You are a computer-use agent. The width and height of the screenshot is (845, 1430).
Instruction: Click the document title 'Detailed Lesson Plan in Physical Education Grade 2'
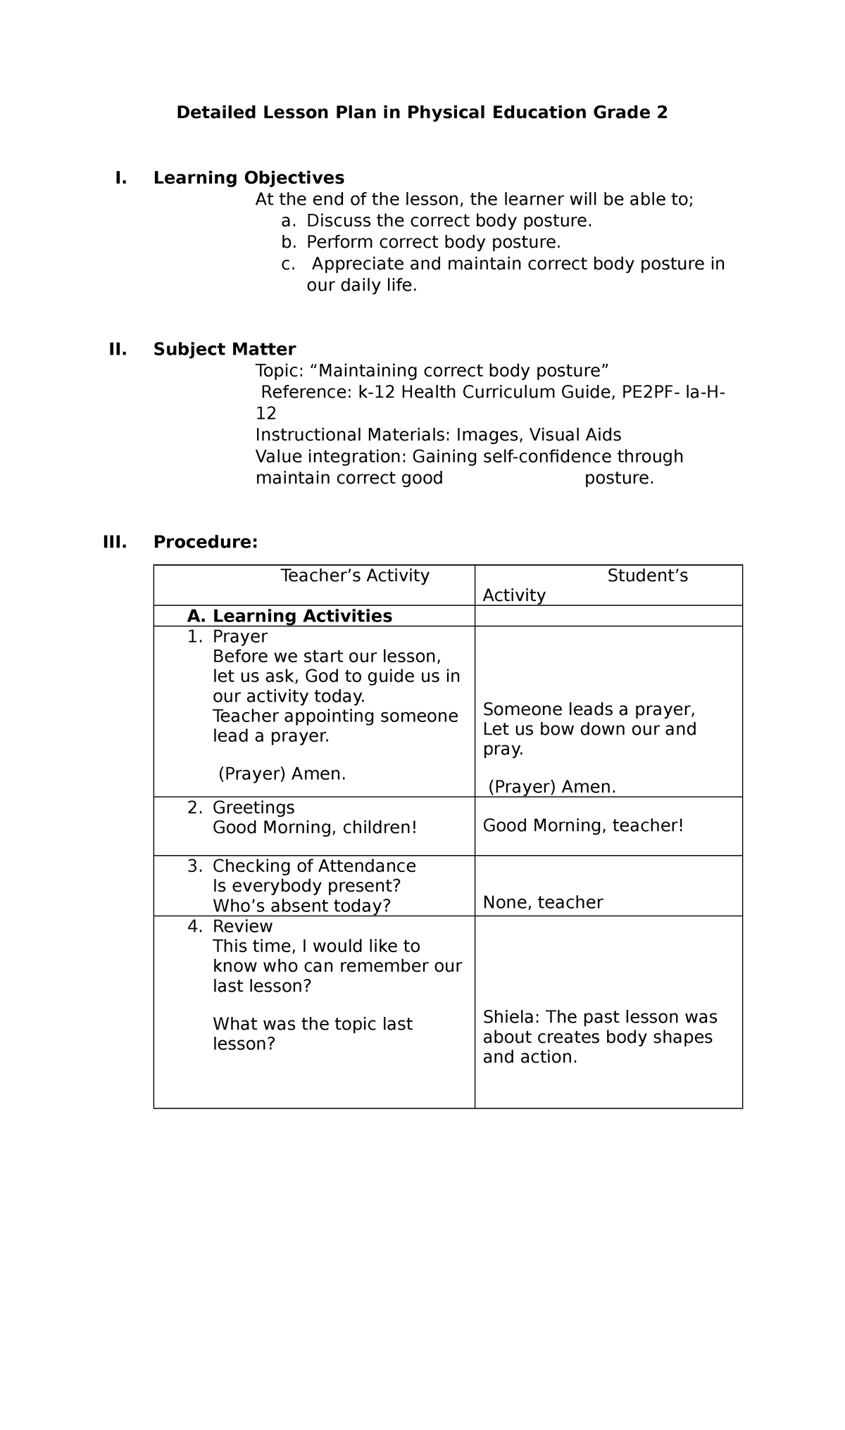click(421, 113)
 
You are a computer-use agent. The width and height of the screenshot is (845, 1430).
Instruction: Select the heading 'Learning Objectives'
click(249, 177)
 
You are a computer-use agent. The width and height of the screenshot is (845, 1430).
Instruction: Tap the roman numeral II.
click(118, 349)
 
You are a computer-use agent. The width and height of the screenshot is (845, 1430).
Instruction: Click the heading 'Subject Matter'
click(225, 349)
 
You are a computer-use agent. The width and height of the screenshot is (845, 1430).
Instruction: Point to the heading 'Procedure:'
click(206, 542)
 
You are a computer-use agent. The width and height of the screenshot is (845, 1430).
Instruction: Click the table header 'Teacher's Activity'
click(355, 576)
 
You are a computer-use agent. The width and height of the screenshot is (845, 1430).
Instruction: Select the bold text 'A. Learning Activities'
click(289, 616)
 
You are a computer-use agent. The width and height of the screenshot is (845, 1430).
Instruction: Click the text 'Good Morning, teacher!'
click(583, 825)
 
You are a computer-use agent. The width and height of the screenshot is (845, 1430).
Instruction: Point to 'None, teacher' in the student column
click(542, 903)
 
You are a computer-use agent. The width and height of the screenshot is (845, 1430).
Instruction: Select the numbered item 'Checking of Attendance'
click(314, 866)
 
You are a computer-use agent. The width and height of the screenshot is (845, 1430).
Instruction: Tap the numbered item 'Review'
click(242, 926)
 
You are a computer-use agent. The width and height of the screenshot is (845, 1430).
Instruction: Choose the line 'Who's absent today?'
click(301, 906)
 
